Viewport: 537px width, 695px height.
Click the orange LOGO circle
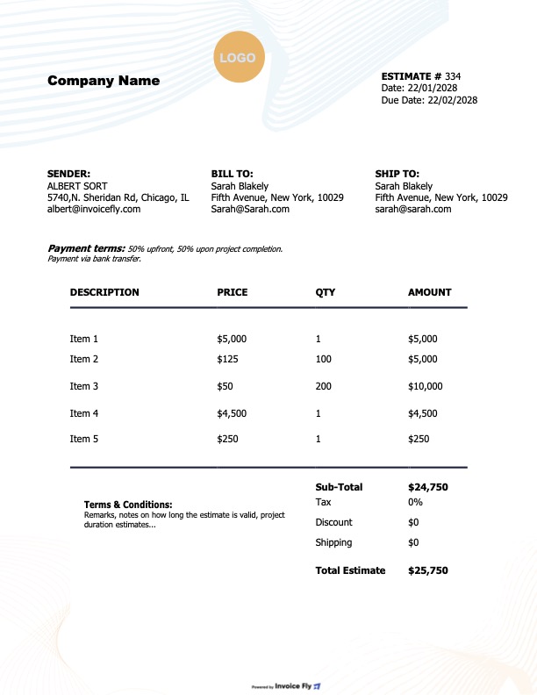(237, 58)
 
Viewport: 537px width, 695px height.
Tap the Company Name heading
(104, 81)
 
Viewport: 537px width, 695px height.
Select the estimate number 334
(453, 76)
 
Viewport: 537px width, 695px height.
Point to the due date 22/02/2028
(452, 100)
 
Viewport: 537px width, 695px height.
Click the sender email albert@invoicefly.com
(94, 209)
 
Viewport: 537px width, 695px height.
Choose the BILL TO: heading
(232, 175)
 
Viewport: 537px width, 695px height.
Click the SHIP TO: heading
(397, 175)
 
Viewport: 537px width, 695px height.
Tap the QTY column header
(325, 292)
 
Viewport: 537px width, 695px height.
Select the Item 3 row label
(84, 386)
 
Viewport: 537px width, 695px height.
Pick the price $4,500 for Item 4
(232, 413)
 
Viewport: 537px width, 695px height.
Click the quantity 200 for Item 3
(323, 386)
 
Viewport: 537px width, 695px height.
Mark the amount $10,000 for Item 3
(426, 386)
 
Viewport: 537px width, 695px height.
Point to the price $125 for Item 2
(228, 359)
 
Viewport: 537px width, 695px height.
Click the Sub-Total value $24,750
(428, 486)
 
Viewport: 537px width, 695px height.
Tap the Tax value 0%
(415, 502)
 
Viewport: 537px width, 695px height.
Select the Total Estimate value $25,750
(428, 570)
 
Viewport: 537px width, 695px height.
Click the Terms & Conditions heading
(128, 505)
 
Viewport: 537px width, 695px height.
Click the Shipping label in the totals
(333, 542)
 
